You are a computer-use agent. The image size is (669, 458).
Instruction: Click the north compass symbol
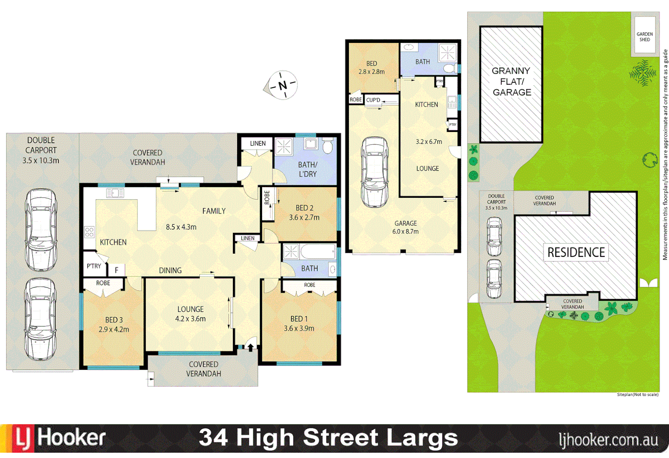(x=282, y=85)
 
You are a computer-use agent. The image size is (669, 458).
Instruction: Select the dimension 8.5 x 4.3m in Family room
(x=181, y=227)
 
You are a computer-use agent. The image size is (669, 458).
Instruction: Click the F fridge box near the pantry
(x=116, y=270)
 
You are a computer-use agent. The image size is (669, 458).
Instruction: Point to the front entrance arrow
(x=251, y=347)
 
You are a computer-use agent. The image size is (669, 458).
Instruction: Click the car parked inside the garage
(x=375, y=172)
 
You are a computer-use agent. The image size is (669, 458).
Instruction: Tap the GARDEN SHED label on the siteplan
(x=644, y=37)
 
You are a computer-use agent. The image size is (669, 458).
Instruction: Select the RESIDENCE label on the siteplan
(x=576, y=252)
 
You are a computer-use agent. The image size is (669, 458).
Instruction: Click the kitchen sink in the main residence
(x=115, y=193)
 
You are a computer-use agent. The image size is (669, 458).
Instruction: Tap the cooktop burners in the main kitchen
(x=89, y=232)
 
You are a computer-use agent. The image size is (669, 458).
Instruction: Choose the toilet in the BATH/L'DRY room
(x=327, y=146)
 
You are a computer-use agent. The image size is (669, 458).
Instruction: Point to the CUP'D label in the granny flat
(x=373, y=100)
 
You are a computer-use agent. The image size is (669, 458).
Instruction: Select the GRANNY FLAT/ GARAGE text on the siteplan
(x=511, y=81)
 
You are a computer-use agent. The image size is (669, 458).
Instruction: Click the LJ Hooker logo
(x=59, y=438)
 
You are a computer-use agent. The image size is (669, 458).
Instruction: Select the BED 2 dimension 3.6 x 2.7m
(x=304, y=218)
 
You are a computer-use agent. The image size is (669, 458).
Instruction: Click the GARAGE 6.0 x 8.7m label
(x=405, y=227)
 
